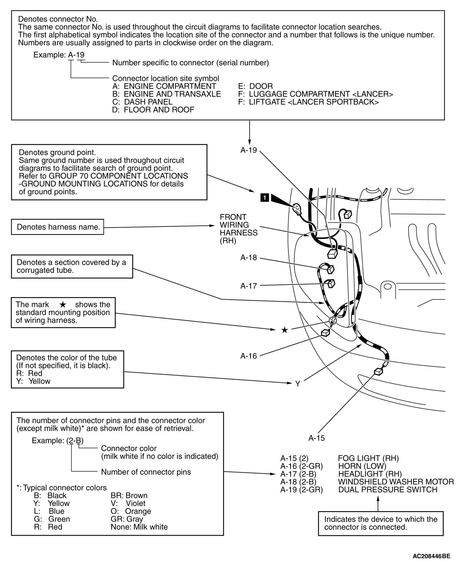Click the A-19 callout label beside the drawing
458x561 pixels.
click(x=248, y=150)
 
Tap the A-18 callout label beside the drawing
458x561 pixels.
click(x=248, y=258)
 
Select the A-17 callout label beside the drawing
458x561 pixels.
click(x=248, y=286)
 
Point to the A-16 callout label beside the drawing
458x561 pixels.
click(x=248, y=356)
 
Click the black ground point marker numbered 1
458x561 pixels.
click(x=265, y=197)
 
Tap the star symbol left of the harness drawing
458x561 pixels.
click(x=284, y=330)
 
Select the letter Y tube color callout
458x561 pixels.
click(x=298, y=384)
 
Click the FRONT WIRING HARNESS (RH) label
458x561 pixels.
click(x=238, y=229)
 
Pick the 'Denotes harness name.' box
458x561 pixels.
click(x=58, y=227)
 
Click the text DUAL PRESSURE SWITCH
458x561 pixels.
click(x=388, y=490)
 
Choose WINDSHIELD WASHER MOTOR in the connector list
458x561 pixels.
click(x=396, y=482)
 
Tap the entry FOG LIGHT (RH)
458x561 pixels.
click(x=368, y=459)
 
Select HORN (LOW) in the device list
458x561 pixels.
click(x=362, y=466)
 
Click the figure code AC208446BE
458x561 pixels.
click(x=431, y=556)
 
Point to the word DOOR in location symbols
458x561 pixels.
click(x=261, y=86)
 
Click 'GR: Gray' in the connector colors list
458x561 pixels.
click(x=127, y=519)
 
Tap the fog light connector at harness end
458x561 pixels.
click(x=378, y=372)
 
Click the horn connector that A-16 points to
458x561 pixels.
click(x=325, y=333)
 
